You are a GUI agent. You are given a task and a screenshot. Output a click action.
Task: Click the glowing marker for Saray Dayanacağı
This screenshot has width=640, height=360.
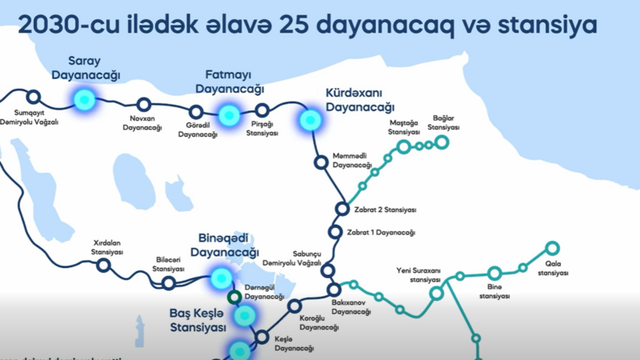click(x=83, y=99)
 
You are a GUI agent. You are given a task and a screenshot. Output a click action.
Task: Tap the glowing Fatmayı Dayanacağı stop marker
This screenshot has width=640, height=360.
click(x=230, y=115)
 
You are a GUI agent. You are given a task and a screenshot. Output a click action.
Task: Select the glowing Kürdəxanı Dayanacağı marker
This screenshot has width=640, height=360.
click(x=309, y=120)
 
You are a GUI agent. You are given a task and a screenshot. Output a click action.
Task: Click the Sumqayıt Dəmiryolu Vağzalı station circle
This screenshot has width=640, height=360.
click(x=33, y=96)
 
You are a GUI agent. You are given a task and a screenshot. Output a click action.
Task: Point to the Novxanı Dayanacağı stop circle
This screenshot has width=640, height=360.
click(x=144, y=104)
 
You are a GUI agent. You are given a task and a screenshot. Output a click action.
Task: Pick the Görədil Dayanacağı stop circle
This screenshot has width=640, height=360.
click(x=196, y=113)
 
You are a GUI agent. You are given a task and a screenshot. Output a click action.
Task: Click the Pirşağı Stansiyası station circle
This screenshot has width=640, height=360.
click(x=262, y=111)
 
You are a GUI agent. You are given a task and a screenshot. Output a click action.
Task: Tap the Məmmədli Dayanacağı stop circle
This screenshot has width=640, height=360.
click(x=320, y=162)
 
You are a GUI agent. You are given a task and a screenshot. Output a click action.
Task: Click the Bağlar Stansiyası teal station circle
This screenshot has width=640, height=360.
click(x=442, y=142)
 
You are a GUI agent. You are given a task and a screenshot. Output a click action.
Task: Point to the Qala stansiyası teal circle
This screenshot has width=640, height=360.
click(x=552, y=248)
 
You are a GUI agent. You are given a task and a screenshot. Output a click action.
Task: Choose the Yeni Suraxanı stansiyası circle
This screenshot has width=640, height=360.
click(x=437, y=293)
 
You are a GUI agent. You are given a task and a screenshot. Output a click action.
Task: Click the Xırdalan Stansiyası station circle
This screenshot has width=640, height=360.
click(x=103, y=265)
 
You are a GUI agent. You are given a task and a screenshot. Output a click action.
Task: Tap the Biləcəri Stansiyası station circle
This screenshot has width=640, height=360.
click(x=169, y=282)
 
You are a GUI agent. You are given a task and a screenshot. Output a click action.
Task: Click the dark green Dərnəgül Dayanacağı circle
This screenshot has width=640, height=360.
click(x=234, y=298)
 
